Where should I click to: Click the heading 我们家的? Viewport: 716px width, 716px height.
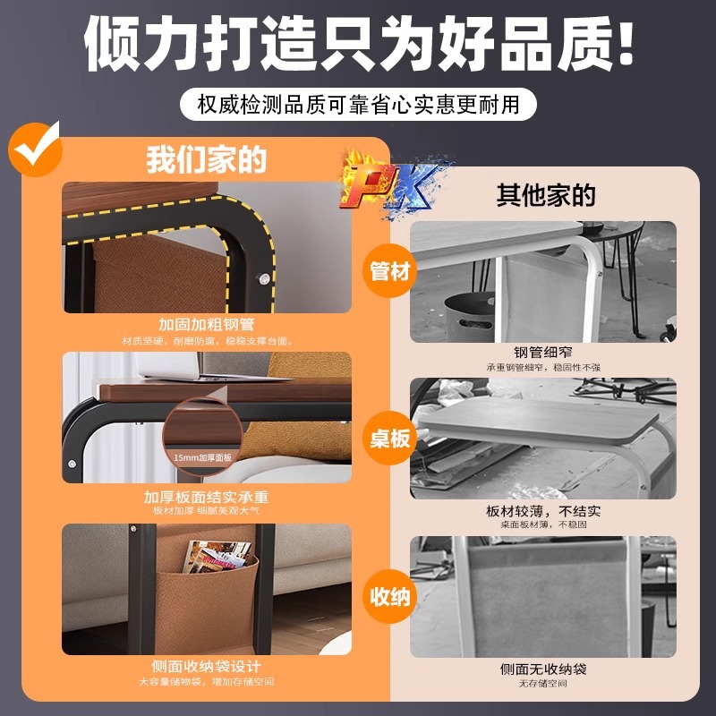click(x=207, y=161)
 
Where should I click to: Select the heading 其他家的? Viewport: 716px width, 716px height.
click(x=546, y=195)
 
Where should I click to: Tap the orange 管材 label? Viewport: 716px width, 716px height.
click(x=389, y=270)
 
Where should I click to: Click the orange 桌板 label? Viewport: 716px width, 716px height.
click(x=389, y=438)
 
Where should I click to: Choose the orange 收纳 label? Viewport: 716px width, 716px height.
click(x=389, y=595)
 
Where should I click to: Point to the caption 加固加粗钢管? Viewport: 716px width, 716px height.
click(x=207, y=325)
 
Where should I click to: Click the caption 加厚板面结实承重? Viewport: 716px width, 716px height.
click(x=207, y=497)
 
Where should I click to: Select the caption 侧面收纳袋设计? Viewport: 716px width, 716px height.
click(x=207, y=668)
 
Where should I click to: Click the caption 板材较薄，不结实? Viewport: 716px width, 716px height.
click(x=543, y=512)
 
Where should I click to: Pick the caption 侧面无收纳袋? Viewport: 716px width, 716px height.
click(x=543, y=669)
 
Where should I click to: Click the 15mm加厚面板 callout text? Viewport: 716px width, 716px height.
click(x=203, y=457)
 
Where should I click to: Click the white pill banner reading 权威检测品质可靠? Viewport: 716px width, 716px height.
click(x=358, y=104)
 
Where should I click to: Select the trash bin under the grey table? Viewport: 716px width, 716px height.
click(x=469, y=313)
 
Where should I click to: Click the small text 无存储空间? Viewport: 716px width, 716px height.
click(x=543, y=685)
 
